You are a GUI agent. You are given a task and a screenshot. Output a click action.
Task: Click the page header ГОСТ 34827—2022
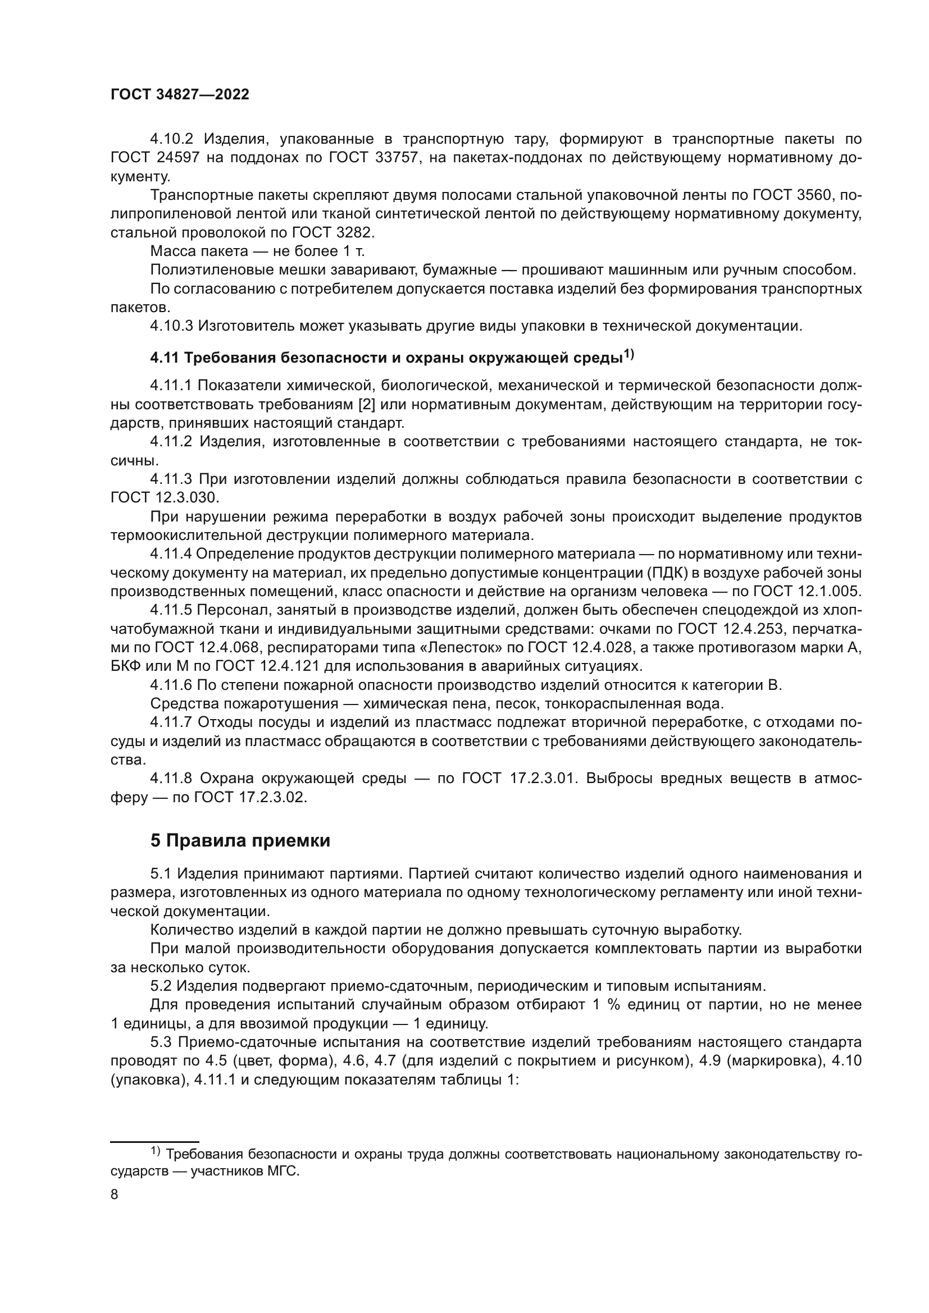180,95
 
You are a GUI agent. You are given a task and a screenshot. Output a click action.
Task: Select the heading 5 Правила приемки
240,841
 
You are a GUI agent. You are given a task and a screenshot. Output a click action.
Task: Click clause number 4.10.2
172,139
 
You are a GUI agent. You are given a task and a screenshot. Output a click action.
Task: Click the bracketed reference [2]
366,405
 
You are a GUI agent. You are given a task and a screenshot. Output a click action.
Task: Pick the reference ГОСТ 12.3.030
165,497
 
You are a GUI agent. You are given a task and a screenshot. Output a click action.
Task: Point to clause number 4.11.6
172,685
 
